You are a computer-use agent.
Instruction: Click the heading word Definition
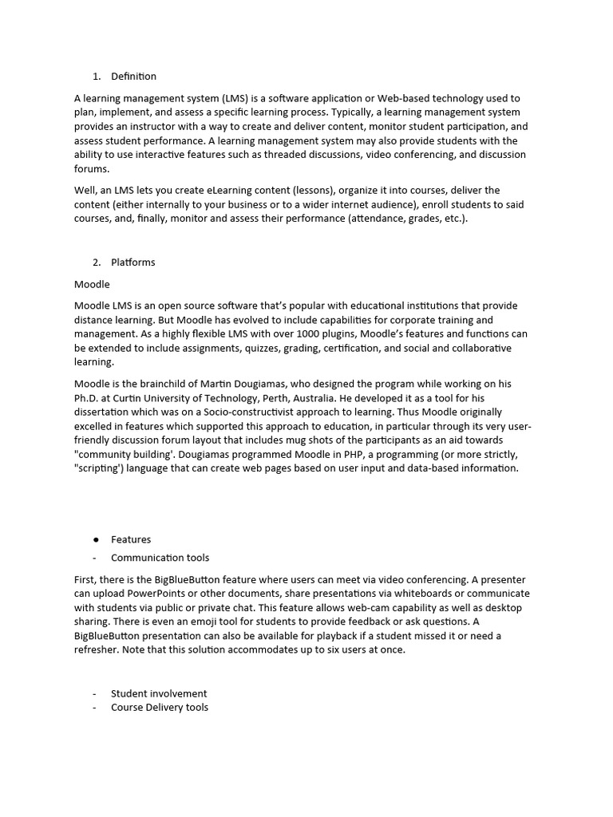pos(133,77)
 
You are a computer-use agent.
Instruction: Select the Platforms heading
pos(132,262)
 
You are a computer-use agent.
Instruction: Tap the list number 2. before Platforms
pos(97,262)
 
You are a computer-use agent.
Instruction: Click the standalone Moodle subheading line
pos(92,284)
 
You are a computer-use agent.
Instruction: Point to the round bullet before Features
pos(96,540)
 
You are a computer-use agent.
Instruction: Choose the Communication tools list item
pos(160,558)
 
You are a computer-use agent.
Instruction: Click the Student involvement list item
pos(159,693)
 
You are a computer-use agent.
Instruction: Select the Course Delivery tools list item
pos(160,707)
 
